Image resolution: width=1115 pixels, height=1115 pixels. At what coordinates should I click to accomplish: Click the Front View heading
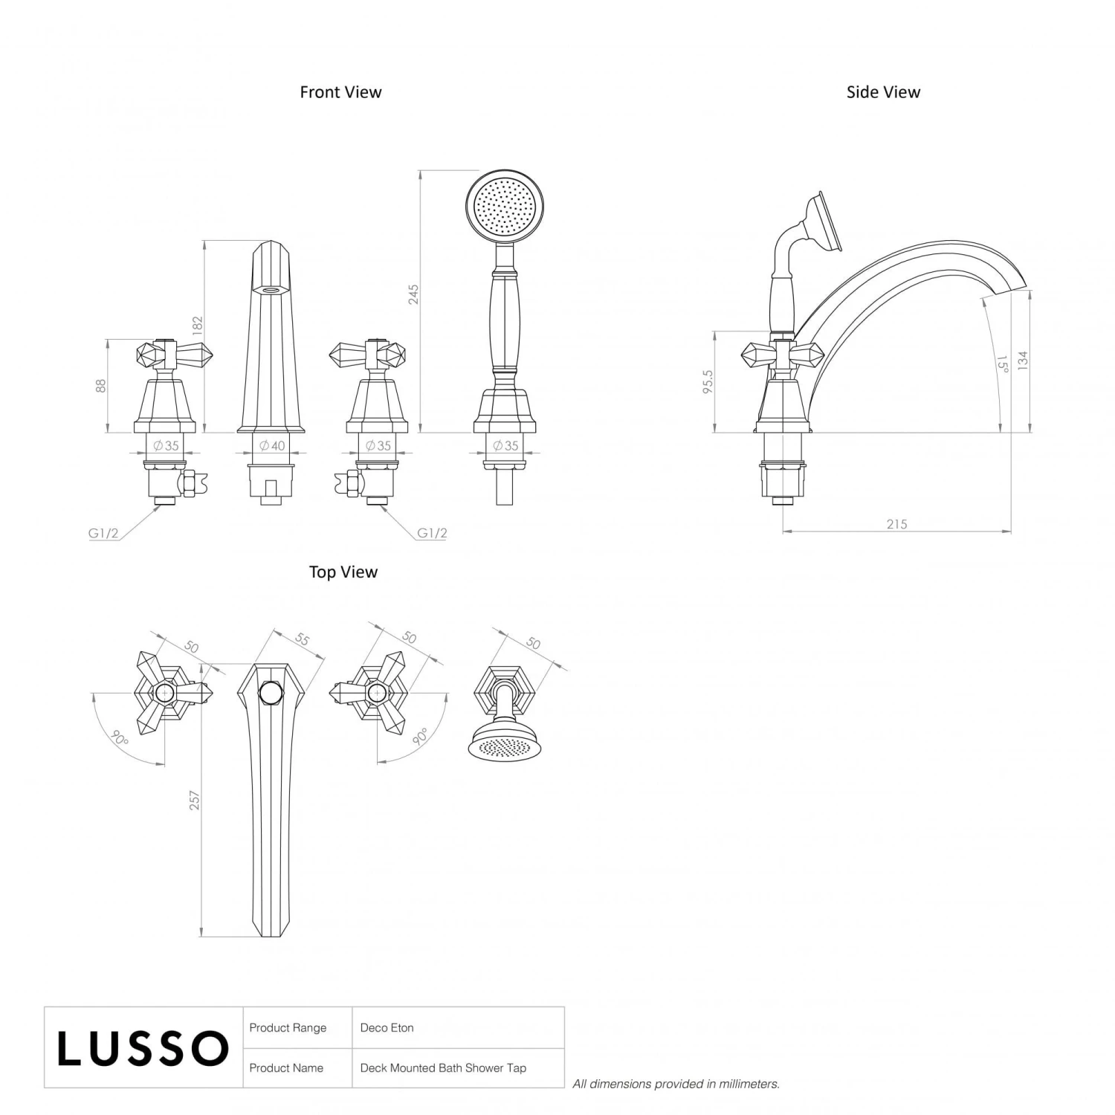(x=340, y=92)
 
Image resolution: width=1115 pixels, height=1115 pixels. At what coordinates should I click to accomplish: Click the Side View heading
(x=883, y=92)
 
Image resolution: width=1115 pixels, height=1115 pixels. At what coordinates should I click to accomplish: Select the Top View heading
(x=343, y=572)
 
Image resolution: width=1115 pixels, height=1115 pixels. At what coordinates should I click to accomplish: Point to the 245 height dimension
(x=413, y=294)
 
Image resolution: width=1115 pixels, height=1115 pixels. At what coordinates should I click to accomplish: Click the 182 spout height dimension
(x=197, y=326)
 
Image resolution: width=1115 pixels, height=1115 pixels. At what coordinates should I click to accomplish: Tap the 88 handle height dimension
(x=101, y=386)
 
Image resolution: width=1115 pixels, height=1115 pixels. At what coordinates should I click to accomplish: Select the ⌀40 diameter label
(x=272, y=446)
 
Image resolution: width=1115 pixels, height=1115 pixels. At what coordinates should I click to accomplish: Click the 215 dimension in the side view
(x=896, y=524)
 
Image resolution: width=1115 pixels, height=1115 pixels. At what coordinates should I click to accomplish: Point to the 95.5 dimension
(x=708, y=382)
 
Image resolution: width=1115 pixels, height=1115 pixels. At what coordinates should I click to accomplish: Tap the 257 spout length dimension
(x=195, y=800)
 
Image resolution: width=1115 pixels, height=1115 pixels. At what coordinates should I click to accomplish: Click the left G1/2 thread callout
(x=103, y=533)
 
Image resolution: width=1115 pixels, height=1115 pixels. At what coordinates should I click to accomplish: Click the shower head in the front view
(x=505, y=204)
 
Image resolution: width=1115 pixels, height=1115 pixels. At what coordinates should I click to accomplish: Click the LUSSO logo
(x=143, y=1048)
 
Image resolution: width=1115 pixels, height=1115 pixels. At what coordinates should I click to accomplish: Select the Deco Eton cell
(x=387, y=1028)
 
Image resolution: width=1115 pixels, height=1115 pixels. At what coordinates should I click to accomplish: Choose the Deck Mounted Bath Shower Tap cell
(x=443, y=1068)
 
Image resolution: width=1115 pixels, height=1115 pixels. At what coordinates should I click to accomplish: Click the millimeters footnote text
(x=676, y=1084)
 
